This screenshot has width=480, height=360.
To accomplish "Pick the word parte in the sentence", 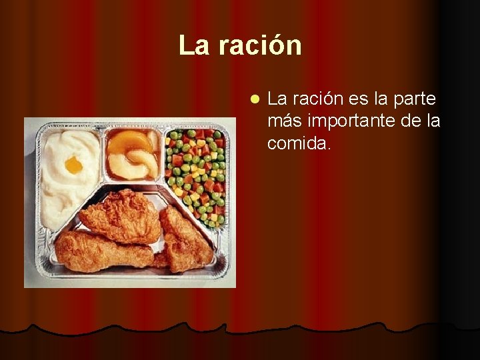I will (415, 99).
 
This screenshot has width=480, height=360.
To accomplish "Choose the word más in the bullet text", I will (281, 121).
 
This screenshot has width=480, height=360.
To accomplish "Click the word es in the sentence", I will (357, 99).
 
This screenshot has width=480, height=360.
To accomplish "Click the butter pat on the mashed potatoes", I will (73, 165).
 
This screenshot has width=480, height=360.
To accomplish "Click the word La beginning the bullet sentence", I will (277, 99).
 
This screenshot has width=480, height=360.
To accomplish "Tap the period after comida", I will (328, 147).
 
